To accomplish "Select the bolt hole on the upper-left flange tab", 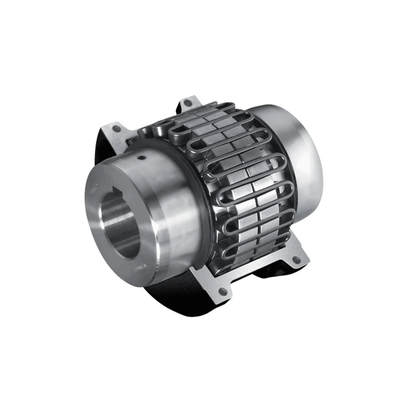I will tap(117, 129).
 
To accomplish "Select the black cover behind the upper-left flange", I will tap(102, 148).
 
